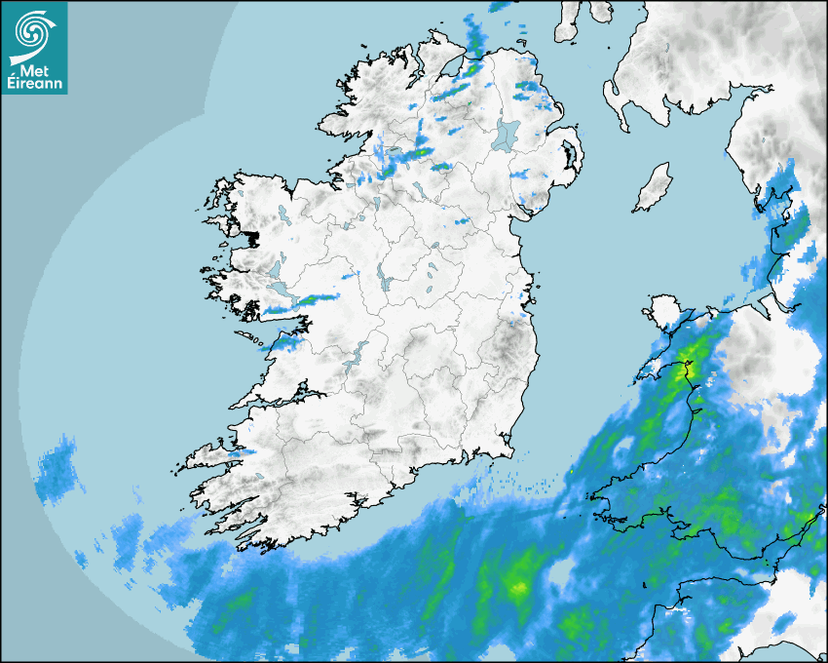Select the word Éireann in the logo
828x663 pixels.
[33, 84]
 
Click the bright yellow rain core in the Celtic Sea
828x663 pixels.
[519, 587]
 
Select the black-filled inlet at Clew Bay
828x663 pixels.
[253, 237]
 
